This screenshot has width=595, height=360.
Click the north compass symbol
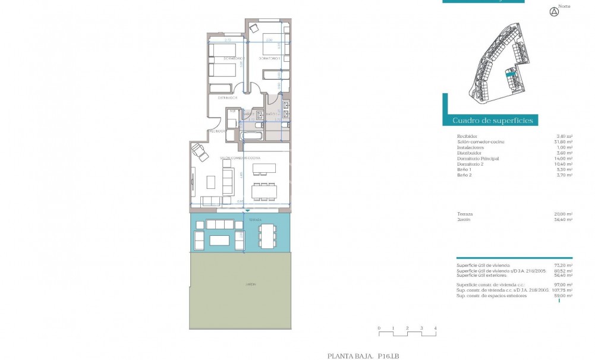click(554, 11)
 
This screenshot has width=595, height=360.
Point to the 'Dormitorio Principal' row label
click(477, 159)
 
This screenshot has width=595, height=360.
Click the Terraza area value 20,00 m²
click(564, 214)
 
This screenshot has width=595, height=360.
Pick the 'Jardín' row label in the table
click(464, 219)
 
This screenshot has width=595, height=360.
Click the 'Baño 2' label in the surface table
click(465, 175)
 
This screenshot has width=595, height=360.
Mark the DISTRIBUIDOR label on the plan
click(228, 97)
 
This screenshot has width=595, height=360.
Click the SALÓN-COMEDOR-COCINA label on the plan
click(239, 157)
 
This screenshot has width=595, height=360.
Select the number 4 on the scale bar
click(436, 328)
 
